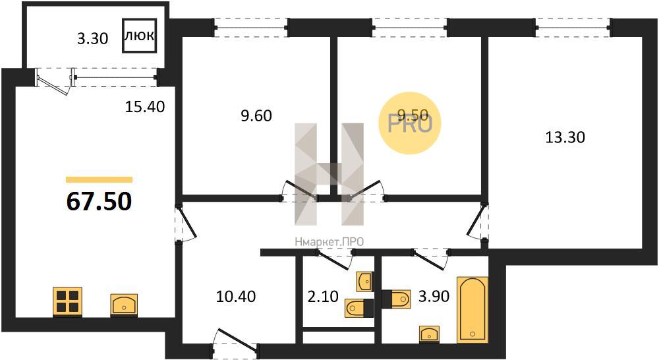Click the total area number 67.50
coord(100,202)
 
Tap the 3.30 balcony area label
coord(92,39)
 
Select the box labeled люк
coord(140,36)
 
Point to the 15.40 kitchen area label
coord(145,107)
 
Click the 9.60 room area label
coord(256,115)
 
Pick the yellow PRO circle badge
coord(410,123)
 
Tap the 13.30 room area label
coord(565,138)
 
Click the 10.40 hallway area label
coord(236,297)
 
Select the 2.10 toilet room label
coord(323,297)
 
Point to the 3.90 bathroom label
coord(434,297)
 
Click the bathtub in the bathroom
coord(473,309)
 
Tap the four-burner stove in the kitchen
coord(67,301)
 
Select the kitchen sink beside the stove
coord(124,304)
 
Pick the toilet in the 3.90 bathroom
coord(396,299)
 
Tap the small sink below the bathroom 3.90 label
coord(430,333)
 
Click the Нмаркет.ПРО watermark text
coord(329,242)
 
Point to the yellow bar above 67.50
coord(100,179)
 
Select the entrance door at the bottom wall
coord(235,342)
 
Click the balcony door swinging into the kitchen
coord(53,81)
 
